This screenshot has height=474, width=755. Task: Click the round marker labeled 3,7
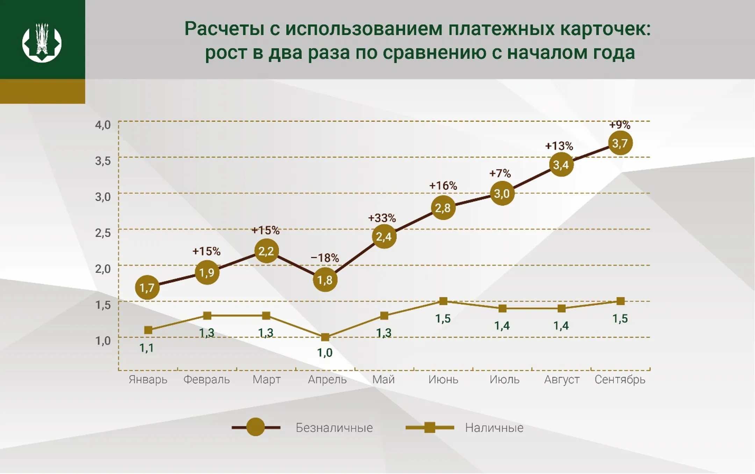pyautogui.click(x=620, y=143)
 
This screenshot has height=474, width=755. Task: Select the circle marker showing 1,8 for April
pyautogui.click(x=325, y=280)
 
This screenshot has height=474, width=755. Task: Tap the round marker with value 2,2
pyautogui.click(x=266, y=251)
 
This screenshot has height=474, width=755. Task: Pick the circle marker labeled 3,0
pyautogui.click(x=502, y=193)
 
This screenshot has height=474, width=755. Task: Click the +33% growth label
pyautogui.click(x=382, y=218)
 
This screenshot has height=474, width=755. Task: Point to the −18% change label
pyautogui.click(x=325, y=258)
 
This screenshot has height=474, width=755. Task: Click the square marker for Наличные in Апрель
pyautogui.click(x=325, y=337)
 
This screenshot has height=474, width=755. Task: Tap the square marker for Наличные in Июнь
pyautogui.click(x=443, y=301)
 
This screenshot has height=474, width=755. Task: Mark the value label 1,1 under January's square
pyautogui.click(x=146, y=348)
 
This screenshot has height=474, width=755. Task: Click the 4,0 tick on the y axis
pyautogui.click(x=103, y=125)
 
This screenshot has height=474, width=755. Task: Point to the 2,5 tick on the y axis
pyautogui.click(x=103, y=233)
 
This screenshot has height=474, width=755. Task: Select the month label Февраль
pyautogui.click(x=207, y=380)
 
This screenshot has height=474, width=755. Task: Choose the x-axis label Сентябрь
pyautogui.click(x=620, y=380)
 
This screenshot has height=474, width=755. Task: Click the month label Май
pyautogui.click(x=383, y=380)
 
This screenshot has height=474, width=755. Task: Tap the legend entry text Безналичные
pyautogui.click(x=334, y=428)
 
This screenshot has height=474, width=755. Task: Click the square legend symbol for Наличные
pyautogui.click(x=430, y=427)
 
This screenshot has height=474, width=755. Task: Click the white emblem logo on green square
pyautogui.click(x=42, y=43)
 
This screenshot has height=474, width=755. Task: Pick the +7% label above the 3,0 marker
pyautogui.click(x=500, y=174)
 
